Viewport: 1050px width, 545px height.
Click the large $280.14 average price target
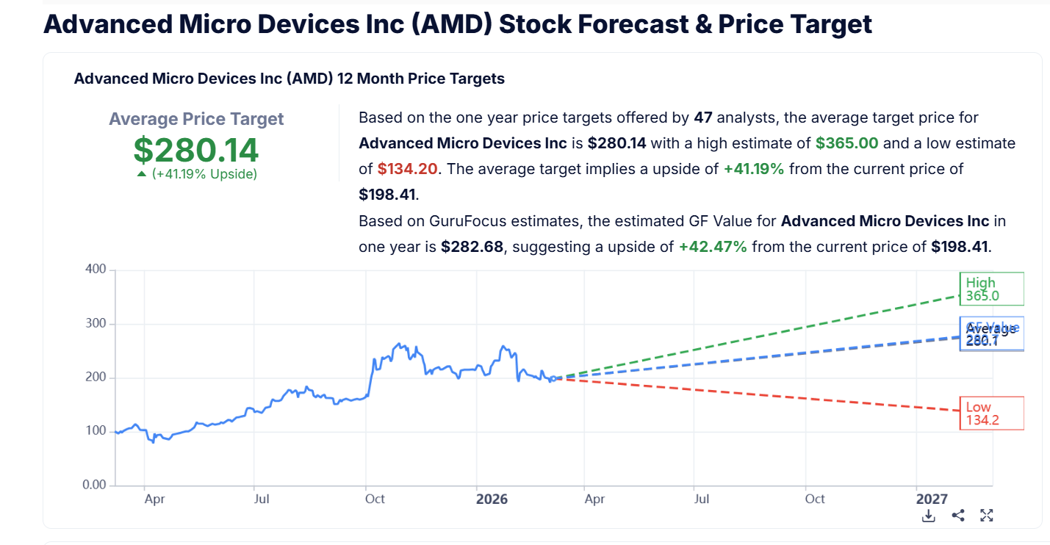(196, 150)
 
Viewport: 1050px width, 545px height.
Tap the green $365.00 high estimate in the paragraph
(846, 143)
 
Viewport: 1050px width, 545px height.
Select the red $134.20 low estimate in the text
(408, 169)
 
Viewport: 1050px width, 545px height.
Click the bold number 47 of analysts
(703, 118)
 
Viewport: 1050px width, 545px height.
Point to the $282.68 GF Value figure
(472, 247)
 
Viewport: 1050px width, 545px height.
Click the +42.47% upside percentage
(712, 247)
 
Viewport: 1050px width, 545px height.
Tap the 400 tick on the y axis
(96, 270)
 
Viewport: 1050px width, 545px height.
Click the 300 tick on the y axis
(96, 324)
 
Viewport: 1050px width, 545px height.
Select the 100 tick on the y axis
(96, 431)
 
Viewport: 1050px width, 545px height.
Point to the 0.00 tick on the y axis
(93, 486)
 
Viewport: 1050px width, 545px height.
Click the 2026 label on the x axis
(492, 499)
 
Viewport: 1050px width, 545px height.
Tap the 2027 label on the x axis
(931, 499)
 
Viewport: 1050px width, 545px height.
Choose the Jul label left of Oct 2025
(261, 499)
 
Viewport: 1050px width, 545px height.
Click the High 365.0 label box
(990, 289)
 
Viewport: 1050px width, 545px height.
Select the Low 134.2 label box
(990, 414)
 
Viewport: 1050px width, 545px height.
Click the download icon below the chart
(929, 516)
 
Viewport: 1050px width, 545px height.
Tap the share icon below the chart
(957, 516)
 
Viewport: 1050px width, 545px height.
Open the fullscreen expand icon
(987, 516)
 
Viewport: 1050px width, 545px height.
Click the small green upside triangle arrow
(142, 174)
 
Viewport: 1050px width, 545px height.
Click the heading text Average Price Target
(196, 119)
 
